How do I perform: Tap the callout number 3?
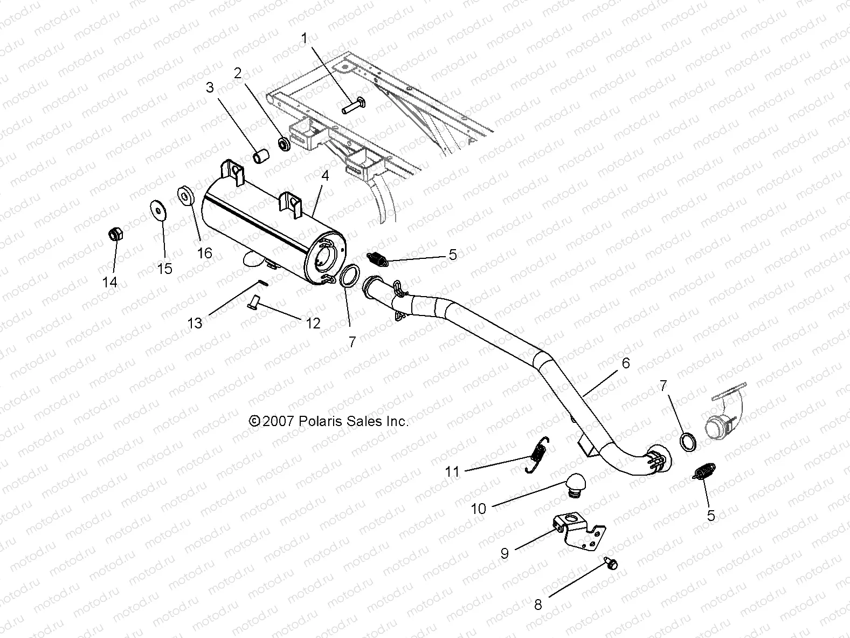210,87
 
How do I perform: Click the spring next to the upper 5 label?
377,259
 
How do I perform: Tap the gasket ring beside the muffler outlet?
349,276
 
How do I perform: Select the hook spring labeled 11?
537,455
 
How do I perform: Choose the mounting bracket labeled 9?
578,531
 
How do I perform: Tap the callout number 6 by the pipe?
625,363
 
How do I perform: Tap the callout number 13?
195,323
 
